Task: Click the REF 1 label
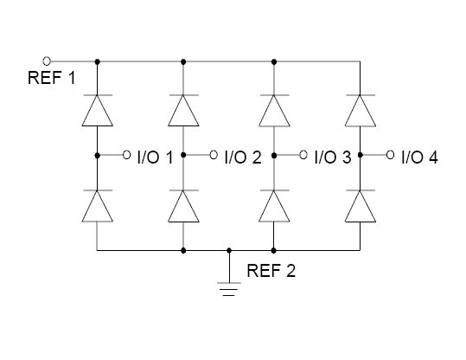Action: pyautogui.click(x=51, y=78)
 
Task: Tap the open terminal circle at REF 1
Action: pyautogui.click(x=47, y=61)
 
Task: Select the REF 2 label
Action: pyautogui.click(x=271, y=271)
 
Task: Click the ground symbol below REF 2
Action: pyautogui.click(x=229, y=289)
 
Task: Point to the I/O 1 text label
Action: pyautogui.click(x=155, y=157)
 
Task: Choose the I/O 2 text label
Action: pyautogui.click(x=243, y=157)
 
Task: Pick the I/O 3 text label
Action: pyautogui.click(x=333, y=157)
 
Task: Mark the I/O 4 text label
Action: pyautogui.click(x=419, y=157)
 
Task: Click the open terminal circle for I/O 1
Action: pyautogui.click(x=126, y=155)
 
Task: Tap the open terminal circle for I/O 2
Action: pyautogui.click(x=214, y=155)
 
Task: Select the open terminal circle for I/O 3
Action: pyautogui.click(x=303, y=155)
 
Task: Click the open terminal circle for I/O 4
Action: pyautogui.click(x=390, y=155)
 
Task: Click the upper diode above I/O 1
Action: pyautogui.click(x=98, y=111)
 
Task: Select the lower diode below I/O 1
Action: pyautogui.click(x=98, y=206)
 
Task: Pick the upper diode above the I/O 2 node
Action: pyautogui.click(x=183, y=111)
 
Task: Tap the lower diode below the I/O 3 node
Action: pyautogui.click(x=274, y=206)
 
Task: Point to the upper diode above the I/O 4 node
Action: pyautogui.click(x=361, y=111)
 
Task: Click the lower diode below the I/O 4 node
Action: pyautogui.click(x=361, y=206)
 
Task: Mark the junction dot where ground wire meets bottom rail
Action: pyautogui.click(x=229, y=250)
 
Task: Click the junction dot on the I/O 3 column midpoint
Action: pyautogui.click(x=274, y=155)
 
